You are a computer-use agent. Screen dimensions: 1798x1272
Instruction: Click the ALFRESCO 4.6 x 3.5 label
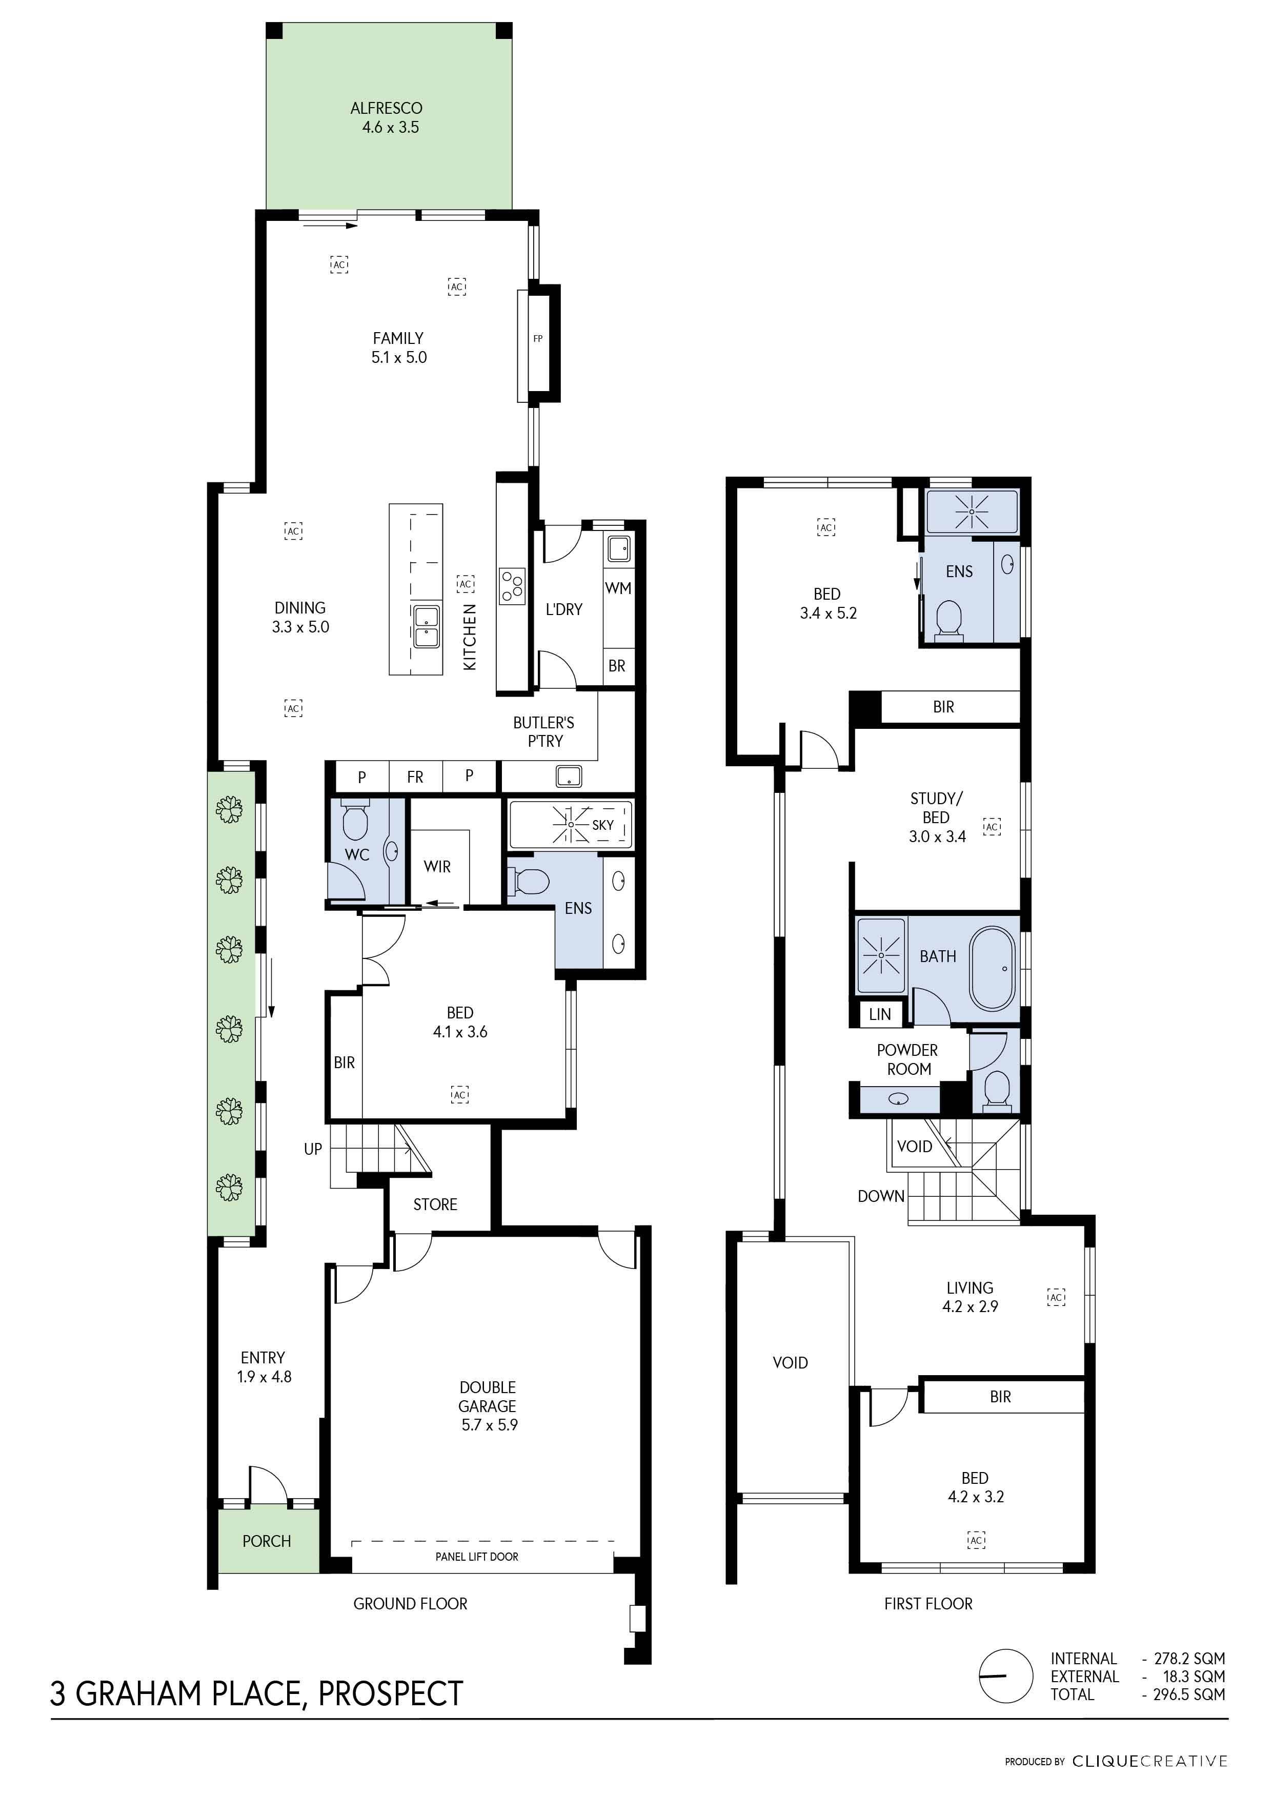coord(387,117)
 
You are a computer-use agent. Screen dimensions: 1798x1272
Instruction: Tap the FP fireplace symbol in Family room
coord(538,339)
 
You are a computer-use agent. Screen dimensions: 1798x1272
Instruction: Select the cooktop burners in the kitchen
coord(512,586)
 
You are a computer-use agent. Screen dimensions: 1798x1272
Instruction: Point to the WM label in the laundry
coord(618,588)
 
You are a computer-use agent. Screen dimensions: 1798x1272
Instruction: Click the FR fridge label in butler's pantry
coord(415,777)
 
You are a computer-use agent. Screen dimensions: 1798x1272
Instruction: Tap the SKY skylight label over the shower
coord(602,825)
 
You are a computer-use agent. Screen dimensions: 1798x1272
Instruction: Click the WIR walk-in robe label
coord(437,866)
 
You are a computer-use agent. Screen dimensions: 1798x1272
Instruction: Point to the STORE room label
coord(435,1204)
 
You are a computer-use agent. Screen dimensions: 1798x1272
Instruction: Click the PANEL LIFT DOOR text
coord(477,1556)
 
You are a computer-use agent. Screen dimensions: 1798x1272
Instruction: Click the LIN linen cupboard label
coord(880,1014)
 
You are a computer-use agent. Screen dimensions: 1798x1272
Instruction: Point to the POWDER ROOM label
coord(908,1059)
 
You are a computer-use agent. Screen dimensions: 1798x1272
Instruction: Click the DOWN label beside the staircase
coord(880,1196)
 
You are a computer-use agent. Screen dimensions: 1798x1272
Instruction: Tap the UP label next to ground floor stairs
coord(313,1149)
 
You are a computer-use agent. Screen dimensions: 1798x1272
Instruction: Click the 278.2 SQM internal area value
coord(1189,1658)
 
